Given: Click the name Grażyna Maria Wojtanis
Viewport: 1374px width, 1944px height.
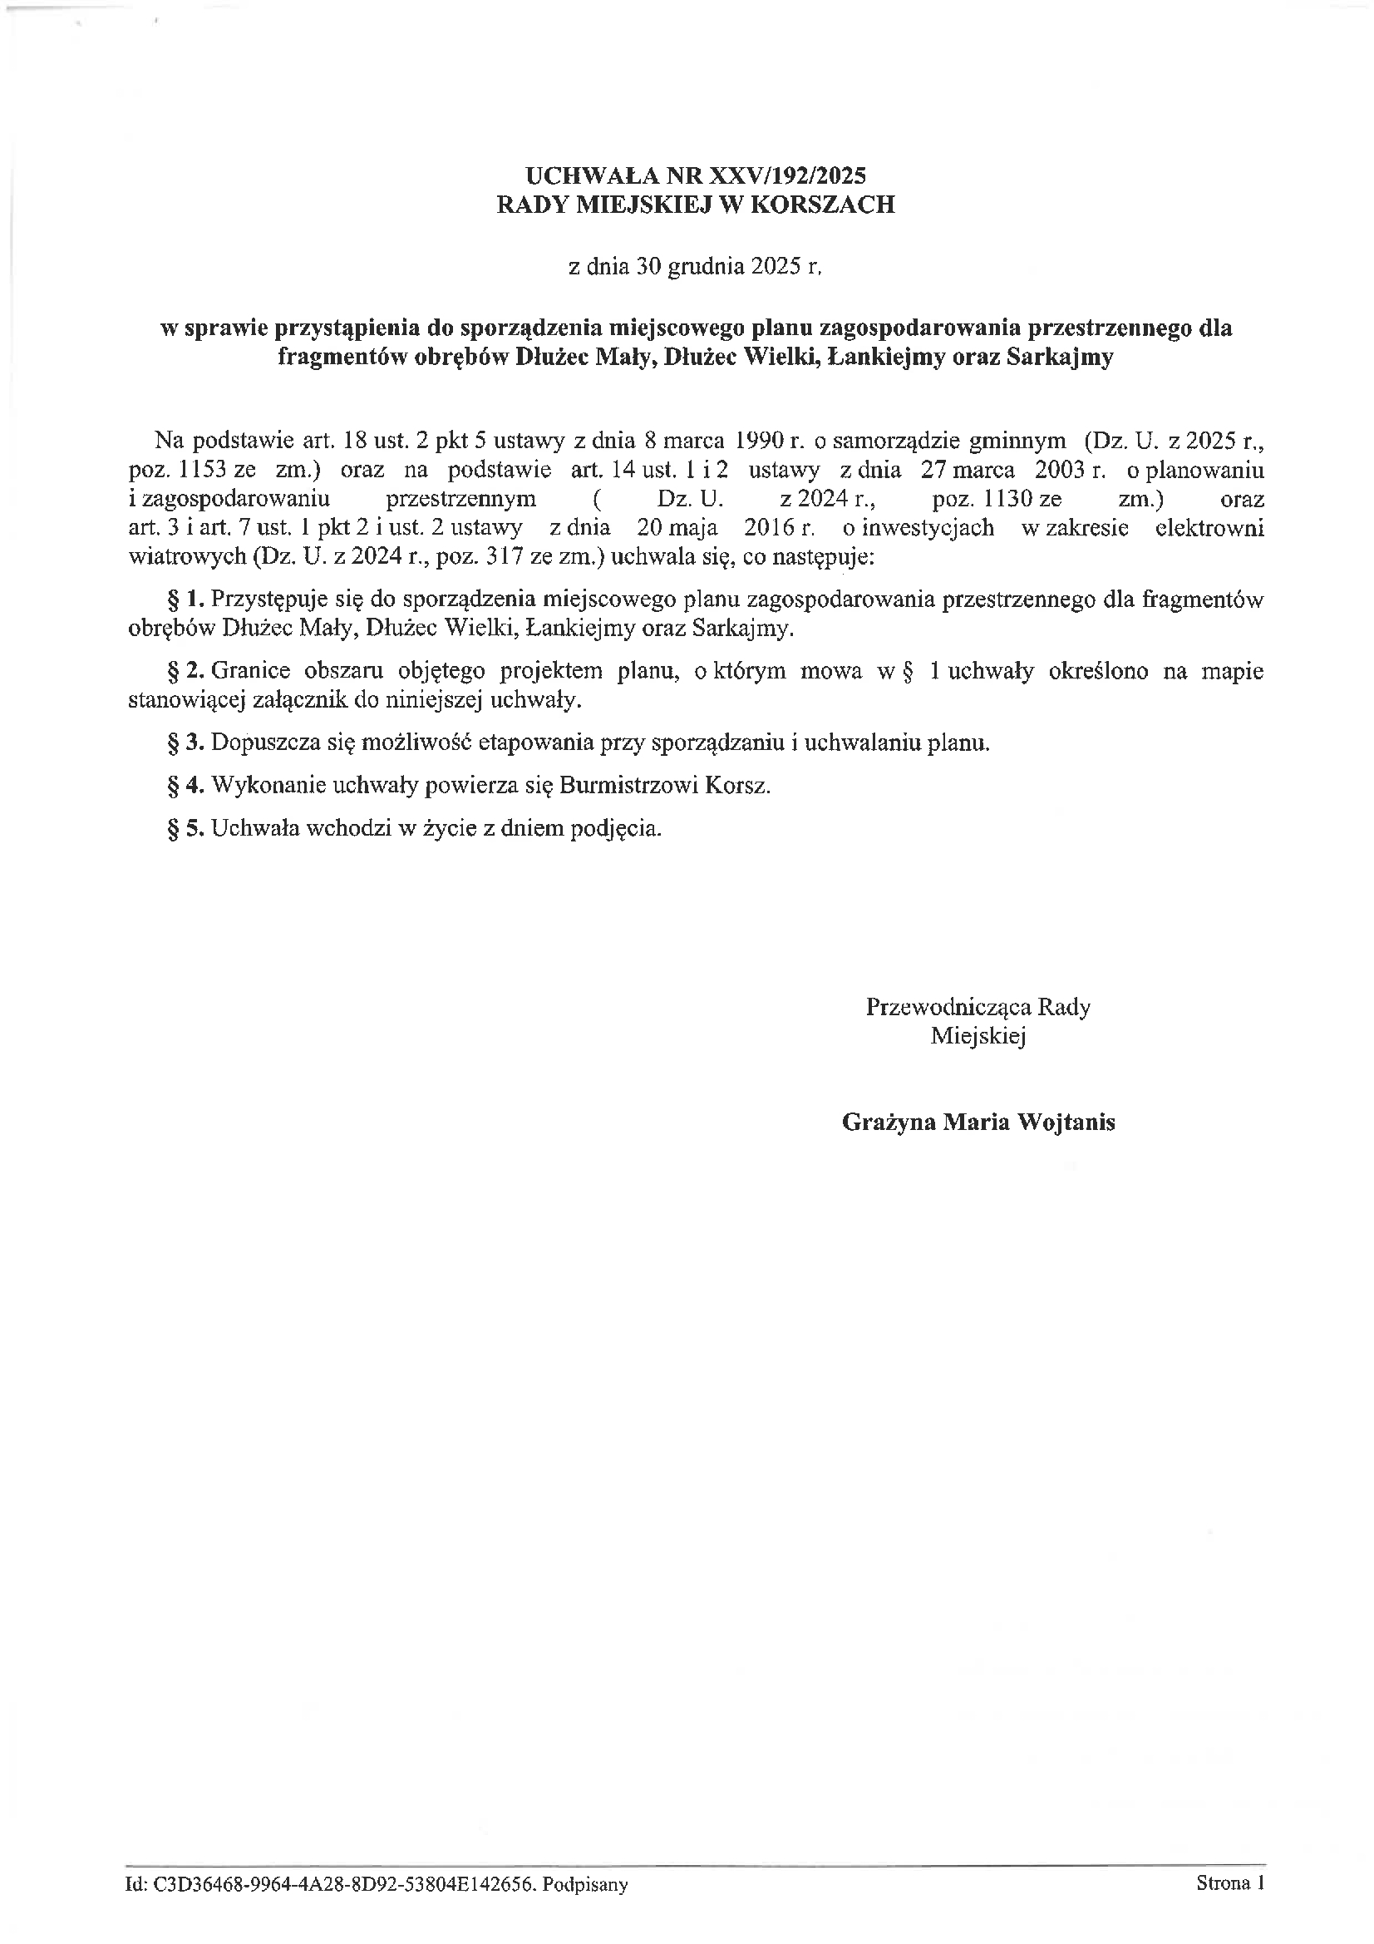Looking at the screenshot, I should click(978, 1122).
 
